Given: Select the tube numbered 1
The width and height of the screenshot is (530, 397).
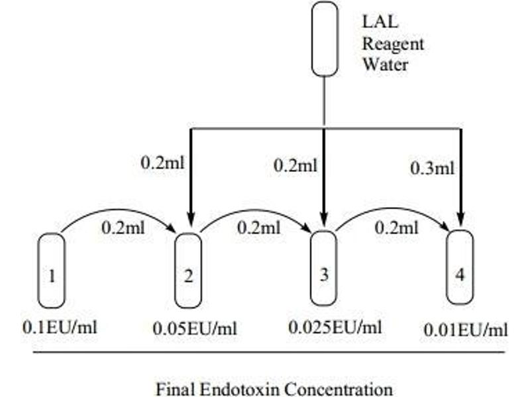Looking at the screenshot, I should pyautogui.click(x=51, y=271).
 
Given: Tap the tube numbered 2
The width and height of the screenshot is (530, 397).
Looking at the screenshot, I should pyautogui.click(x=188, y=271).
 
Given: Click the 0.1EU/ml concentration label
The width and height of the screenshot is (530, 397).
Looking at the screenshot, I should pyautogui.click(x=60, y=327).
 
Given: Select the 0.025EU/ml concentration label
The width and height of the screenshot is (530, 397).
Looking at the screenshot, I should pyautogui.click(x=335, y=327).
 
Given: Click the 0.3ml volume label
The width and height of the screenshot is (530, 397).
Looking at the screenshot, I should pyautogui.click(x=432, y=168).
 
